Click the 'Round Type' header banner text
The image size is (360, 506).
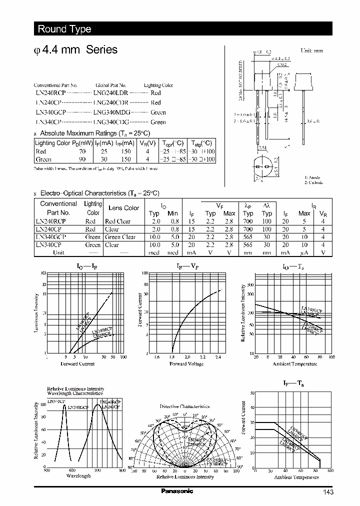click(x=64, y=29)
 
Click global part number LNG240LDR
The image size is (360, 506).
click(x=111, y=93)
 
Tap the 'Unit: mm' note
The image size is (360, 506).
click(x=312, y=51)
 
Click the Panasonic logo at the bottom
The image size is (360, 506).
click(x=176, y=491)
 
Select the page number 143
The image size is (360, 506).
click(x=328, y=492)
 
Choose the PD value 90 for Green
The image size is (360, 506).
click(x=82, y=159)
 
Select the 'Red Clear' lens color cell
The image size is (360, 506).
click(x=117, y=221)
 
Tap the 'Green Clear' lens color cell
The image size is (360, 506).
click(x=120, y=237)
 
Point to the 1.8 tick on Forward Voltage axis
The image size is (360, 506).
click(x=172, y=357)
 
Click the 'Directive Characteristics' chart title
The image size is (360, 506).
click(x=184, y=406)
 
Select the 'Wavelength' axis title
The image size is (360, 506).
click(x=78, y=476)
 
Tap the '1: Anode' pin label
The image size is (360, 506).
click(x=313, y=177)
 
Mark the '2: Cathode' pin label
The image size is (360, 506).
click(x=314, y=182)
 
